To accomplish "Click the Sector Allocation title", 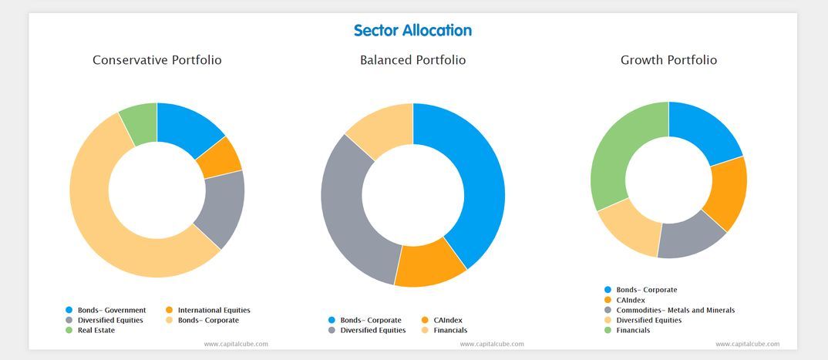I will [x=412, y=31].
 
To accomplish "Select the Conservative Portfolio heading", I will [x=157, y=60].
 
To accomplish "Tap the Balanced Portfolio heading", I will [x=412, y=60].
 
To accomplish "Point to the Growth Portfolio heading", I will [x=668, y=60].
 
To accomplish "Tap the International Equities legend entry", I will [x=208, y=310].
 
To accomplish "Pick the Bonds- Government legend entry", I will [x=111, y=310].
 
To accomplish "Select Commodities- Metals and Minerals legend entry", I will [x=675, y=310].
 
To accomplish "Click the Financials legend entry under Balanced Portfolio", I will [x=450, y=330].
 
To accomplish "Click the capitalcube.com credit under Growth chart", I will [x=747, y=344].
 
